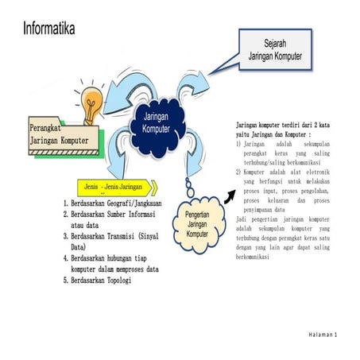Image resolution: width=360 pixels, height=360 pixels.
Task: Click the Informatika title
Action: pyautogui.click(x=49, y=29)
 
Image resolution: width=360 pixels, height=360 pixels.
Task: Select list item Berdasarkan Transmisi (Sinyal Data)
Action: pyautogui.click(x=119, y=242)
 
